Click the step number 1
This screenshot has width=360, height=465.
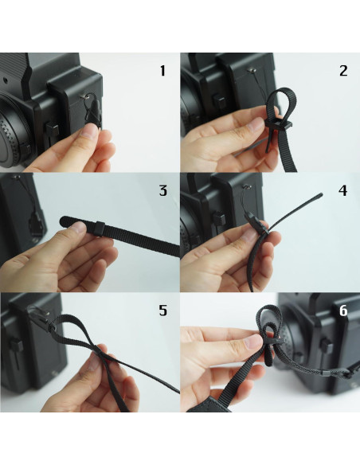162,71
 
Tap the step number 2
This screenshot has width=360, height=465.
342,71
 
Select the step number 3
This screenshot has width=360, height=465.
162,190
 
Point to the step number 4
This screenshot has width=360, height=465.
342,191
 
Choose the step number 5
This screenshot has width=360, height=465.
162,311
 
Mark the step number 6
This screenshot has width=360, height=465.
342,311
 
